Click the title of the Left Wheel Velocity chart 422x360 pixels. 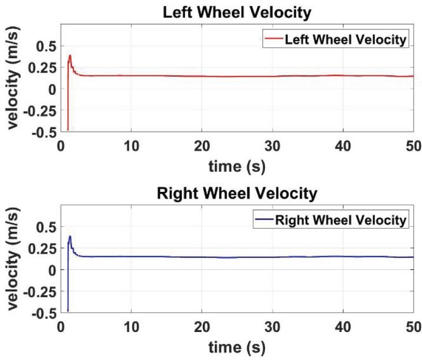tap(238, 12)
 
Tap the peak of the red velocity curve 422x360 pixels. tap(69, 56)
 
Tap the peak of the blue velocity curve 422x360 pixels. tap(69, 237)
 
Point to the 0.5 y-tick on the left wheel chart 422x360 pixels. tap(45, 46)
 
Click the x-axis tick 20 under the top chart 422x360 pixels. tap(202, 145)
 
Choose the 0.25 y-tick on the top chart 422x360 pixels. tap(41, 67)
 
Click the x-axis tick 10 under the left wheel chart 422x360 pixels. tap(132, 145)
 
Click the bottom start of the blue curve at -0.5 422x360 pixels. tap(68, 310)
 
